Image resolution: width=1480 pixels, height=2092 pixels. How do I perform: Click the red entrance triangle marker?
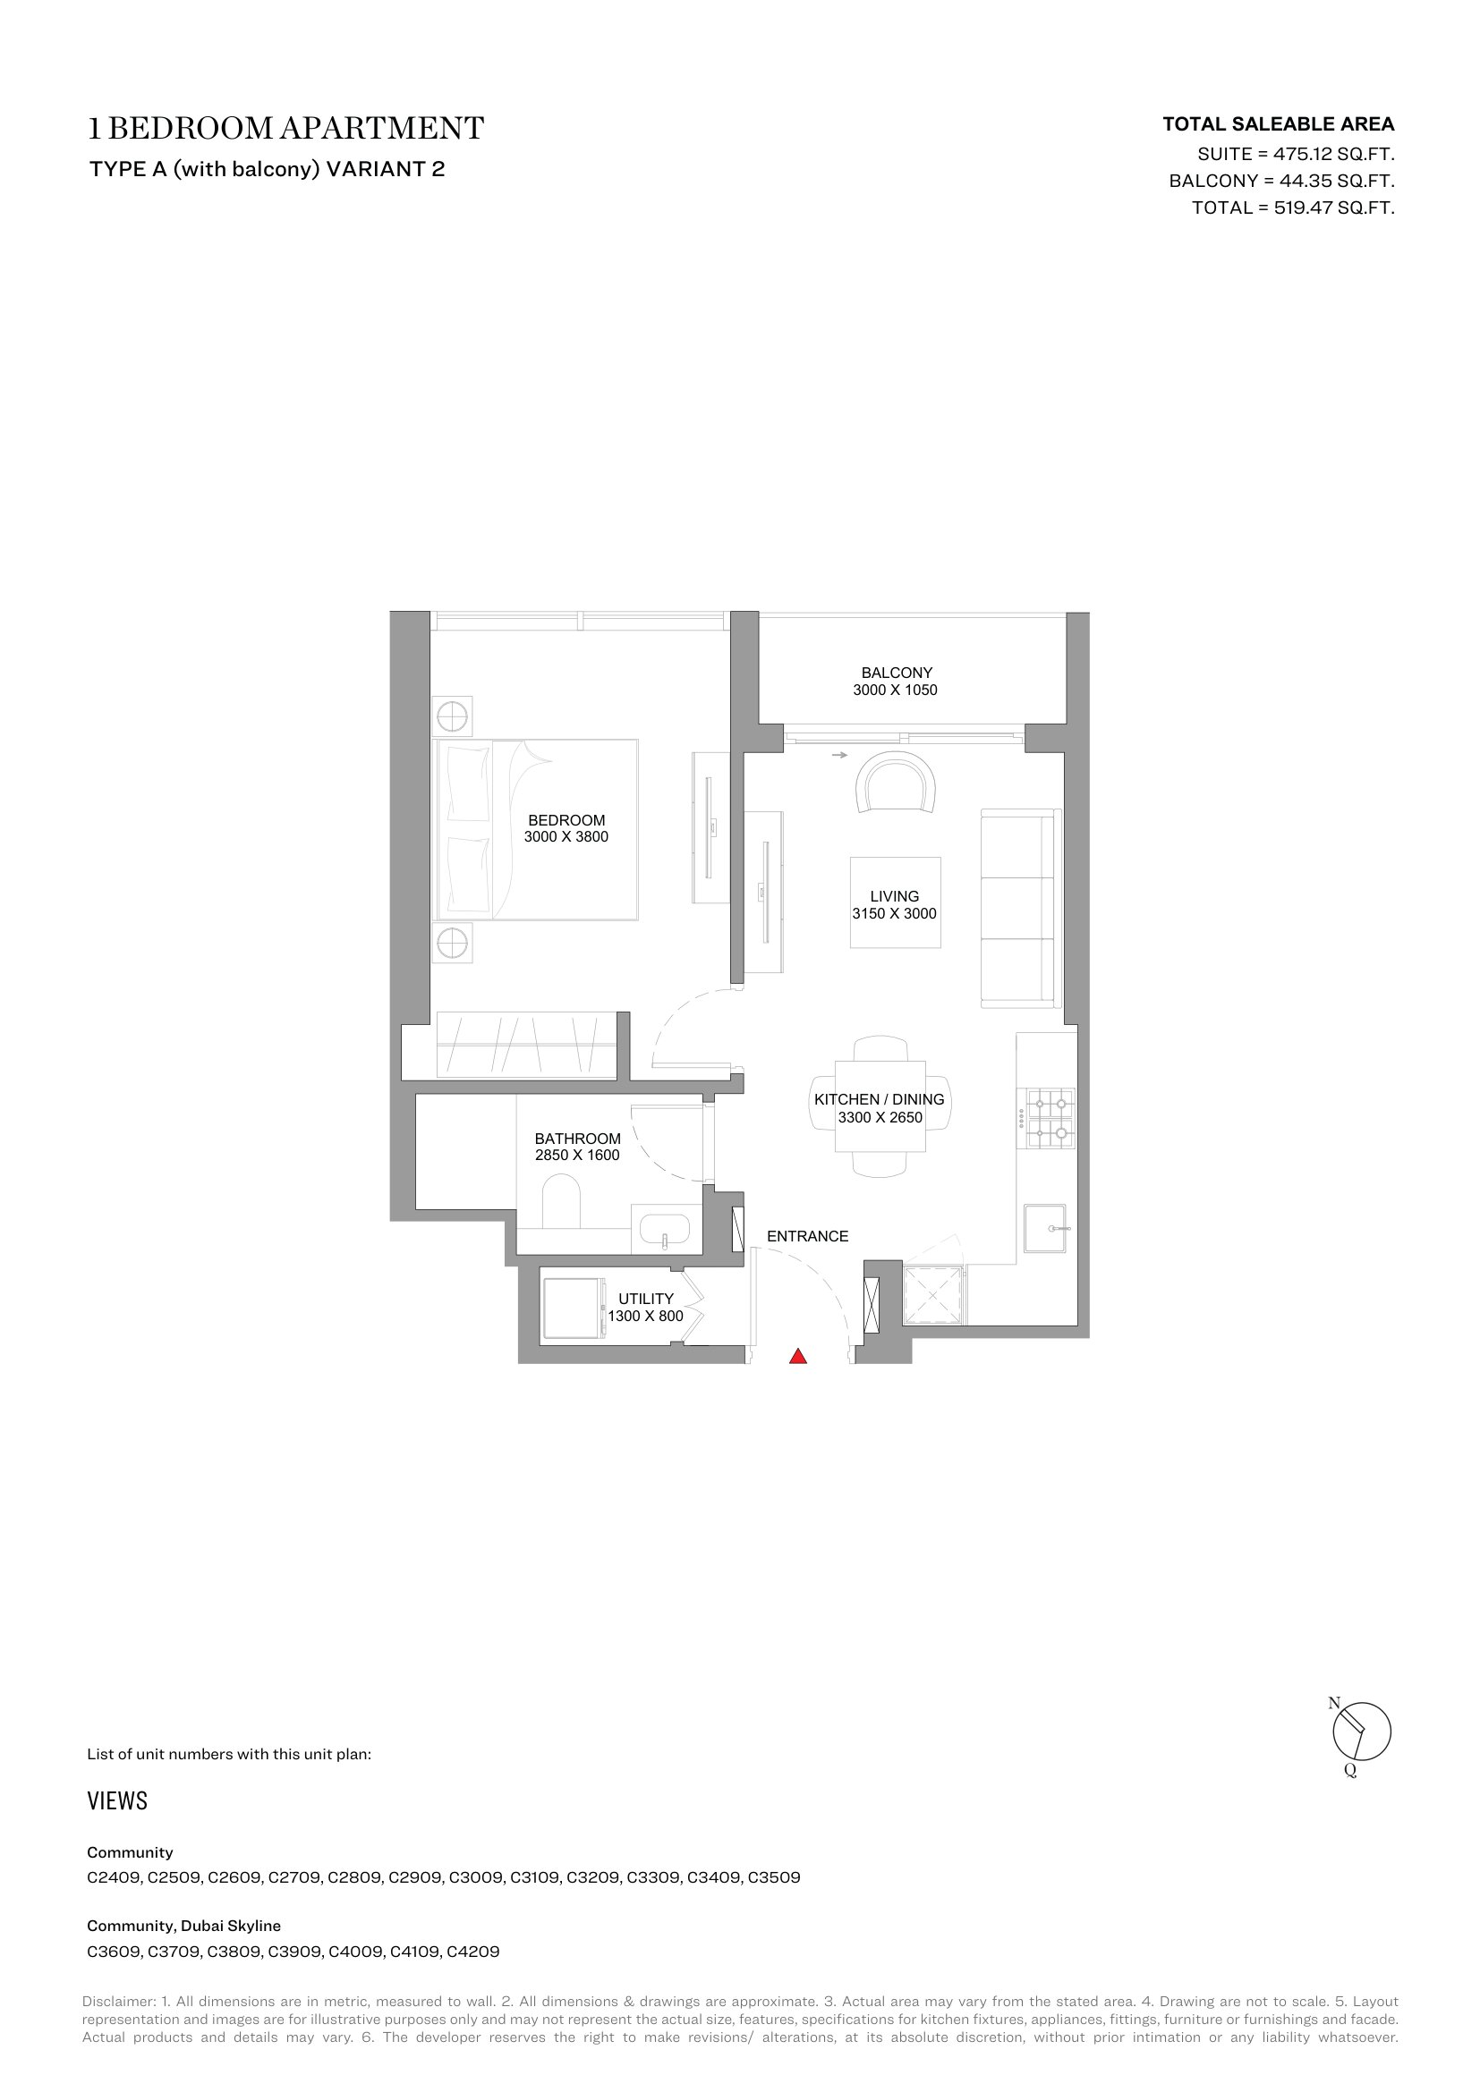(x=798, y=1356)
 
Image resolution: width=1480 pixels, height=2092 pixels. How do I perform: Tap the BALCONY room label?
(x=897, y=673)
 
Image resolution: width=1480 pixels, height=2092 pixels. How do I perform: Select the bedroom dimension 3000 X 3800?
(x=566, y=836)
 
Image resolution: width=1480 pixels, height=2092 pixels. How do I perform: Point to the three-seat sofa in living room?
(x=1021, y=909)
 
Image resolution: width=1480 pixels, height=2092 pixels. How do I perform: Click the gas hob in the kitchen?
(x=1050, y=1118)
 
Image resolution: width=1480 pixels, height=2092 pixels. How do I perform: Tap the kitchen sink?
(x=1044, y=1227)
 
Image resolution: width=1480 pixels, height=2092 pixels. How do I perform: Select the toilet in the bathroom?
(x=561, y=1202)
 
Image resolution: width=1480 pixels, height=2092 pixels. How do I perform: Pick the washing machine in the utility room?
(x=574, y=1309)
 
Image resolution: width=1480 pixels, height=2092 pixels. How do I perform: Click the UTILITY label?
(x=646, y=1299)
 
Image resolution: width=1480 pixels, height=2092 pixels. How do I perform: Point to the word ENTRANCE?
(x=807, y=1236)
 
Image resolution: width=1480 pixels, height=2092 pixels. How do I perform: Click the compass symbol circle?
(x=1362, y=1731)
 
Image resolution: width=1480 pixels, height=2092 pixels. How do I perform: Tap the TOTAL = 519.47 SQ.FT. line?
(x=1293, y=208)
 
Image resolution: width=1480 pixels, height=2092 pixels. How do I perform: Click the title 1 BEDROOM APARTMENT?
(x=285, y=129)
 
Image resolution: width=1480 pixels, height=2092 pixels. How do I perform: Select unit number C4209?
(x=473, y=1952)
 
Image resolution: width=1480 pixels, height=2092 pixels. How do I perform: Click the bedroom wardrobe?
(x=527, y=1045)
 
